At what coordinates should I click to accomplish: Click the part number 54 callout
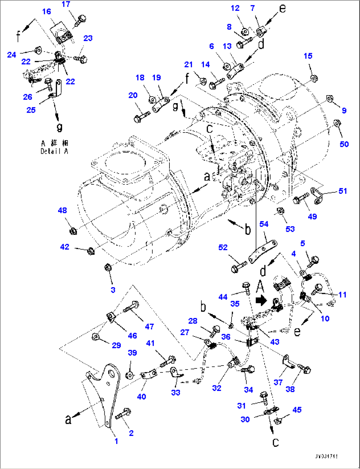264,224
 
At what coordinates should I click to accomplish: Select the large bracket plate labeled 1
108,393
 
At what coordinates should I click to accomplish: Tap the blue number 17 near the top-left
66,4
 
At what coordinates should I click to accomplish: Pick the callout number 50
344,144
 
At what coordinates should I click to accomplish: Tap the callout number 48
62,211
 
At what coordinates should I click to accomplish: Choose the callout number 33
176,392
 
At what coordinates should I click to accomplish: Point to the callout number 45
297,410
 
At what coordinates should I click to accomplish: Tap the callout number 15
308,56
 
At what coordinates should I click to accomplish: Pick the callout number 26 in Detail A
28,97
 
